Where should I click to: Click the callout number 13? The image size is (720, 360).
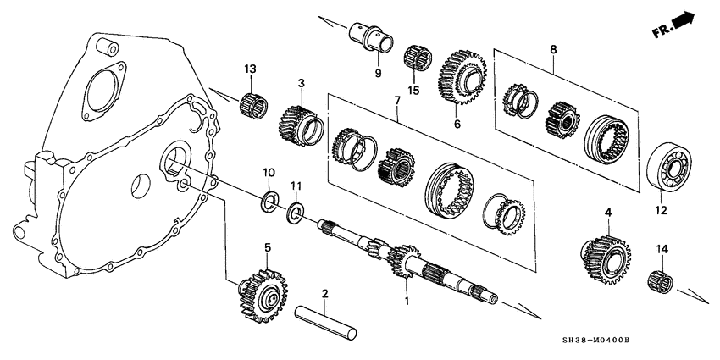[x=250, y=69]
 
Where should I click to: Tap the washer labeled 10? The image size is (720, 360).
[x=268, y=201]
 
